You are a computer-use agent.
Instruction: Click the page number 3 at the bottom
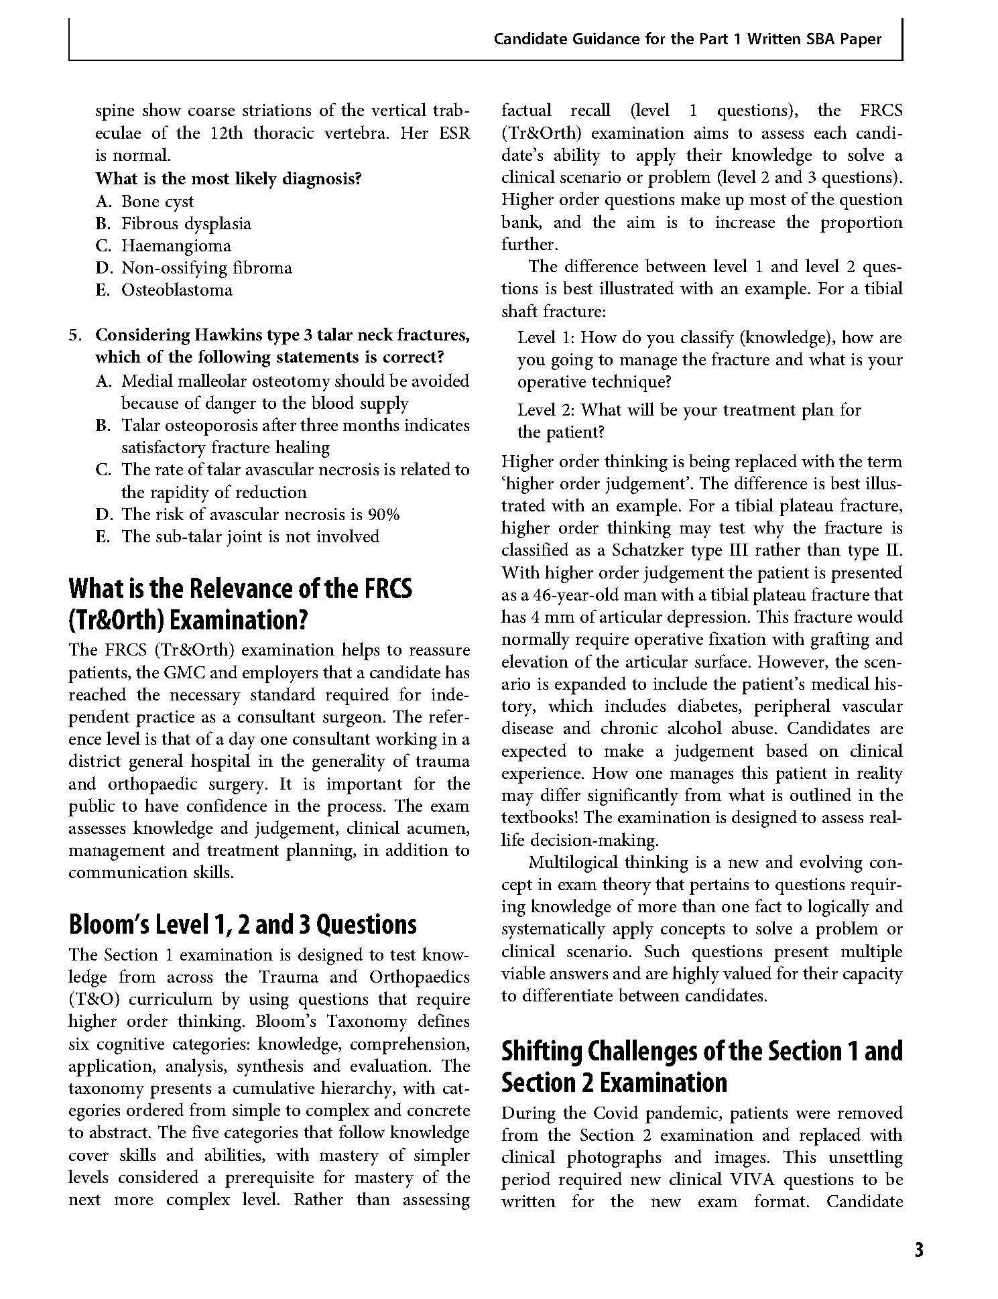pos(918,1250)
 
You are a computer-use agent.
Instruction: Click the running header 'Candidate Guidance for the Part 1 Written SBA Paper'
pos(688,39)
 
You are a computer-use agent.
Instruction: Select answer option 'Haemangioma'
pos(176,246)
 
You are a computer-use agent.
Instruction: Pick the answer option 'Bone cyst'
pos(157,202)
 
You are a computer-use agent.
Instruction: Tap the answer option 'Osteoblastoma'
pos(177,290)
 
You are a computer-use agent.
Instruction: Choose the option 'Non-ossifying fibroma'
pos(206,268)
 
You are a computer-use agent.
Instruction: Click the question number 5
pos(75,335)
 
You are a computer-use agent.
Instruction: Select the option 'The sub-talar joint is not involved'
pos(250,537)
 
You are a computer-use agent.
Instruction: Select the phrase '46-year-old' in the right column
pos(566,595)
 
